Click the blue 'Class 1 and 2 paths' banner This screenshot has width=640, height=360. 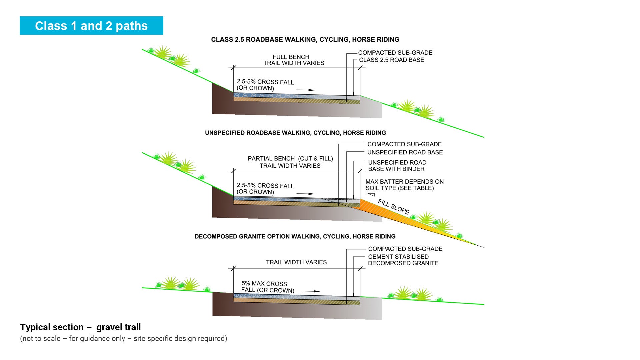[91, 26]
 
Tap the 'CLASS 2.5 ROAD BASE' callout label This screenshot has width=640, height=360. [391, 60]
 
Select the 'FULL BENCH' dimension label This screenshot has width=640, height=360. [291, 57]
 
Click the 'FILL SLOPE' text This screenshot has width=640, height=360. [393, 207]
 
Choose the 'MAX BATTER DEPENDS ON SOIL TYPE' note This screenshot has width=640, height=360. [404, 185]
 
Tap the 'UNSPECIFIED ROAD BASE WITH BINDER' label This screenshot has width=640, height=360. [397, 166]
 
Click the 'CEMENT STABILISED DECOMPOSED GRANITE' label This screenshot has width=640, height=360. [403, 260]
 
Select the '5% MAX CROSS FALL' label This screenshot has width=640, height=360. [268, 287]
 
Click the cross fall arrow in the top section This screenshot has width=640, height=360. [305, 90]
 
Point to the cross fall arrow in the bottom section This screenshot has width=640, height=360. [311, 291]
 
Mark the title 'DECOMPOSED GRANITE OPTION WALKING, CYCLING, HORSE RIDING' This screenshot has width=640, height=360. [295, 236]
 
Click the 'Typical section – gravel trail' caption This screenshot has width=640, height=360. [80, 327]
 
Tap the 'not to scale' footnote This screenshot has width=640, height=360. [123, 339]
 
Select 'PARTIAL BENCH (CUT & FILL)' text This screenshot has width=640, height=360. [290, 159]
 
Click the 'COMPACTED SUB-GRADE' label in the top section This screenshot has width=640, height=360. [395, 53]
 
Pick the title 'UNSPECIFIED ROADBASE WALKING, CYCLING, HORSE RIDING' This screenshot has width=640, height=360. [295, 133]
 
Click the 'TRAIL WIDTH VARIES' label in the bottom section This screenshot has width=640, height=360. [296, 262]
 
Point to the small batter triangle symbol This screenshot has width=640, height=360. [371, 195]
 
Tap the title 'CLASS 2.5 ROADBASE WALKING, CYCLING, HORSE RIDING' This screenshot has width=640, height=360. [305, 40]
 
